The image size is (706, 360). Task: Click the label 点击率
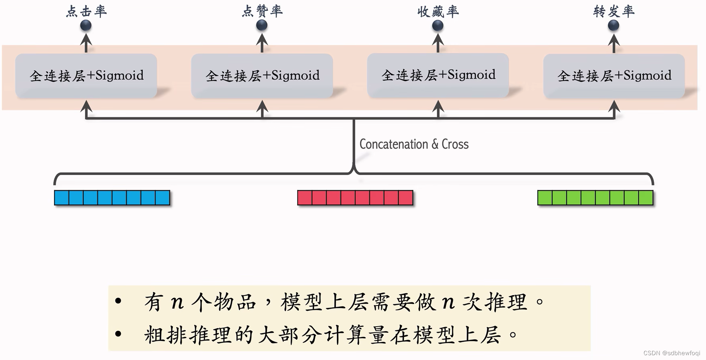click(x=86, y=11)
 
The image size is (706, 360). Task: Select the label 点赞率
click(x=262, y=11)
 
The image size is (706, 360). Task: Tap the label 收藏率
click(x=438, y=11)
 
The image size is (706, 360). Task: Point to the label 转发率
click(x=613, y=11)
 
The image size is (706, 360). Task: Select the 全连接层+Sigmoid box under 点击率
click(x=86, y=76)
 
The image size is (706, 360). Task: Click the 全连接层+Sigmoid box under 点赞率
click(x=262, y=76)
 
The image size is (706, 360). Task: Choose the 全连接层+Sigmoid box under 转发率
click(x=614, y=76)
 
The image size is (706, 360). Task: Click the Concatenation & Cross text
click(x=414, y=144)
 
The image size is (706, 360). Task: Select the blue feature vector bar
click(x=112, y=198)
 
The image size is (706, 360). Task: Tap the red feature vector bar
click(x=355, y=198)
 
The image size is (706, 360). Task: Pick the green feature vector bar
click(x=595, y=198)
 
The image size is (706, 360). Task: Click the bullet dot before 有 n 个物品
click(x=118, y=301)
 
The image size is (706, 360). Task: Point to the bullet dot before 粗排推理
click(x=118, y=334)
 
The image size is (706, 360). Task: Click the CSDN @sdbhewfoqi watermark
click(x=672, y=353)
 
